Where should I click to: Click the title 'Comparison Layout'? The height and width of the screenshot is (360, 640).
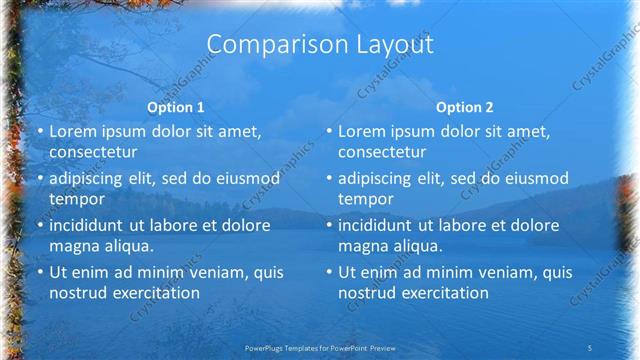tap(320, 45)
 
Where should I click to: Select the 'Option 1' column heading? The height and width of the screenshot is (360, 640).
tap(176, 108)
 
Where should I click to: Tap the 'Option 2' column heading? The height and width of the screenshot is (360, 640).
tap(465, 108)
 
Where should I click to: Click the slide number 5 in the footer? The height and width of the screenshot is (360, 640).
tap(591, 346)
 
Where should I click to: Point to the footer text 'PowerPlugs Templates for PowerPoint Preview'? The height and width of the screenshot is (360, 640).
tap(319, 346)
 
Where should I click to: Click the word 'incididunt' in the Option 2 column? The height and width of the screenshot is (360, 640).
tap(377, 225)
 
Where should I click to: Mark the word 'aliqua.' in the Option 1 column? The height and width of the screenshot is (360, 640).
tap(126, 245)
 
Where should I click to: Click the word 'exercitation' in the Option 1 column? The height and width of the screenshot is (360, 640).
tap(155, 292)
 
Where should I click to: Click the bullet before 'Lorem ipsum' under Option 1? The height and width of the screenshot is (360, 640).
tap(39, 132)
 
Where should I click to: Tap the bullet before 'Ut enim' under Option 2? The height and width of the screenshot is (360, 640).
tap(329, 272)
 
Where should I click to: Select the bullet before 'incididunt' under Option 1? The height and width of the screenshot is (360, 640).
tap(39, 225)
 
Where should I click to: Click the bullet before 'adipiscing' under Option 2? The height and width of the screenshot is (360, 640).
tap(329, 178)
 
